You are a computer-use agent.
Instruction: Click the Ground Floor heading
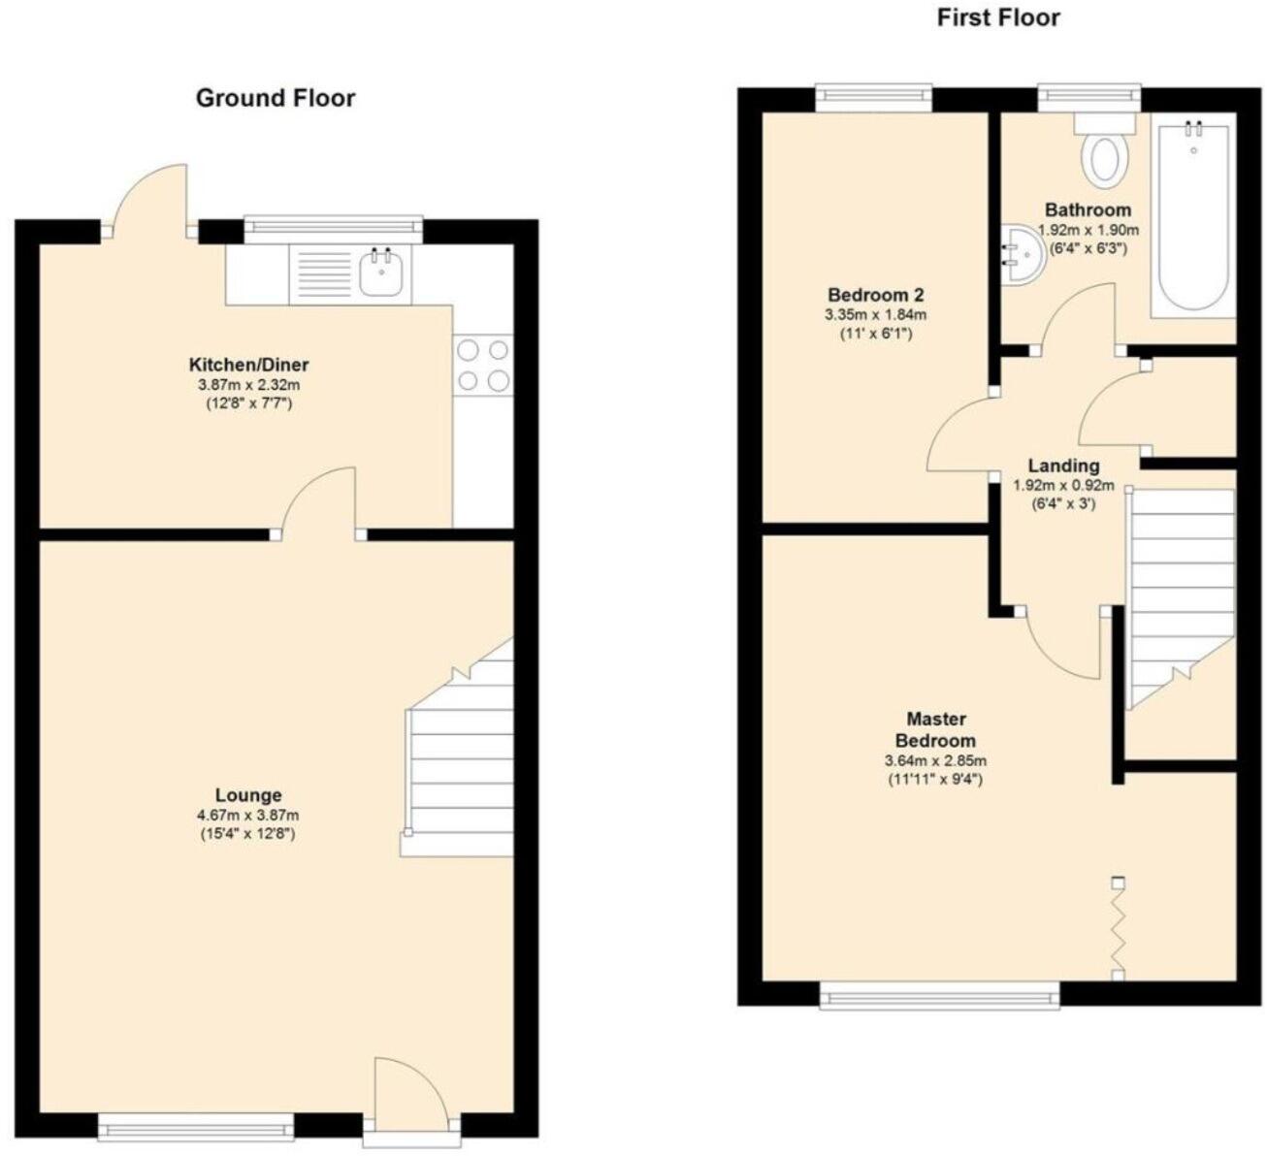(x=276, y=98)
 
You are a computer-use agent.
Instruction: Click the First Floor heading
(x=997, y=18)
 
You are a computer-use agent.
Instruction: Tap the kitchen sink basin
(x=381, y=273)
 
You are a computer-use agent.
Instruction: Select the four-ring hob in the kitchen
(x=483, y=366)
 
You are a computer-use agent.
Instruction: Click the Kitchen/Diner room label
(x=248, y=366)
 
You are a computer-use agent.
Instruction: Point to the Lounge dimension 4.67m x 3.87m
(x=247, y=816)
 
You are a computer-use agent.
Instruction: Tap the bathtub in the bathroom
(x=1192, y=218)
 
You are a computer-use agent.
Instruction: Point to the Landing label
(x=1063, y=466)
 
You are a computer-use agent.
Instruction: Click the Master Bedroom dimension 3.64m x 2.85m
(x=935, y=761)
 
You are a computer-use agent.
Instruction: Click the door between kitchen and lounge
(x=320, y=500)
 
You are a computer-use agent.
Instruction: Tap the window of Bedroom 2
(x=873, y=95)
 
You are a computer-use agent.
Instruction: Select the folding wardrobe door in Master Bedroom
(x=1119, y=926)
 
